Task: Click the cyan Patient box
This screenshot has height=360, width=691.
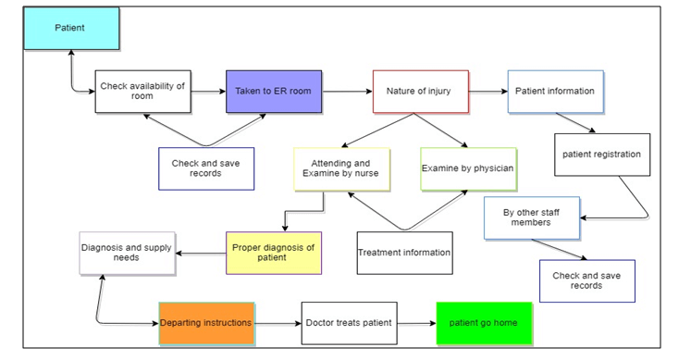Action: [x=72, y=29]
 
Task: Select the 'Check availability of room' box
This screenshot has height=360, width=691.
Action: [x=142, y=91]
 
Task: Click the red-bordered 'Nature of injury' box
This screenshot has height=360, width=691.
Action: [x=418, y=91]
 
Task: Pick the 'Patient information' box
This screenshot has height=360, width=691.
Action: [x=555, y=91]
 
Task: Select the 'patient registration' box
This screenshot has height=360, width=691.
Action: [x=601, y=155]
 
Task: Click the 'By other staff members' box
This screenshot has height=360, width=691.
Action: [x=532, y=217]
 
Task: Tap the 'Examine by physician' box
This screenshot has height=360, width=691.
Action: [x=467, y=168]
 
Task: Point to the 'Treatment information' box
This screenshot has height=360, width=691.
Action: [x=405, y=253]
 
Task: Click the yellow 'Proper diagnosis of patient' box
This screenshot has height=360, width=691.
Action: [x=274, y=253]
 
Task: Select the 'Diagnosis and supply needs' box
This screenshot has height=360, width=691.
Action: [x=127, y=253]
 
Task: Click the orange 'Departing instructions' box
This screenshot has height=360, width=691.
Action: [x=206, y=323]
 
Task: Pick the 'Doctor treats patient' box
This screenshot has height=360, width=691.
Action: [x=349, y=323]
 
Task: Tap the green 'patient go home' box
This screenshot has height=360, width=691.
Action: [x=484, y=323]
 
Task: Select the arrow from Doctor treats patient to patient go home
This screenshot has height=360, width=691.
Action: [x=416, y=323]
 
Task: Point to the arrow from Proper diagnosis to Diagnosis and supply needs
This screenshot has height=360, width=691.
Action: [x=201, y=253]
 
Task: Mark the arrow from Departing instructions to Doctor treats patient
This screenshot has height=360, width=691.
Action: [x=278, y=323]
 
